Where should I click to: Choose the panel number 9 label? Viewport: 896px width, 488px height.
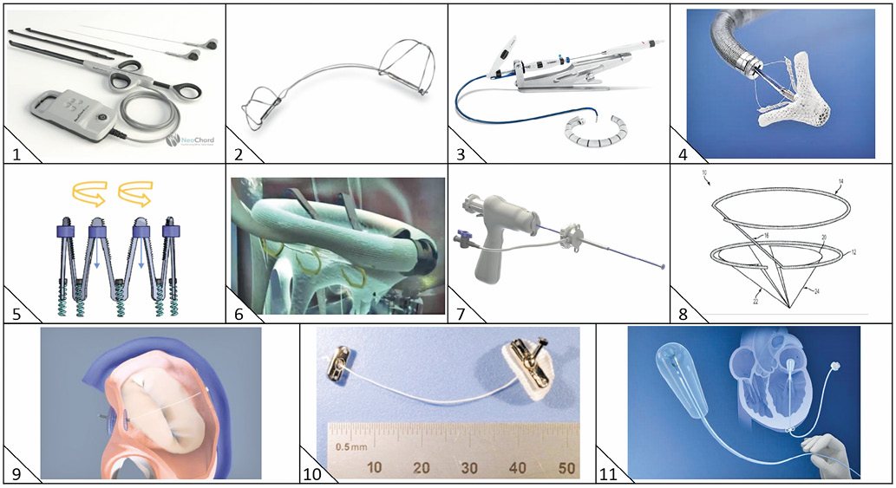(x=16, y=473)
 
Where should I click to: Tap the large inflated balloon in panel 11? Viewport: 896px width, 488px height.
(x=672, y=374)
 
